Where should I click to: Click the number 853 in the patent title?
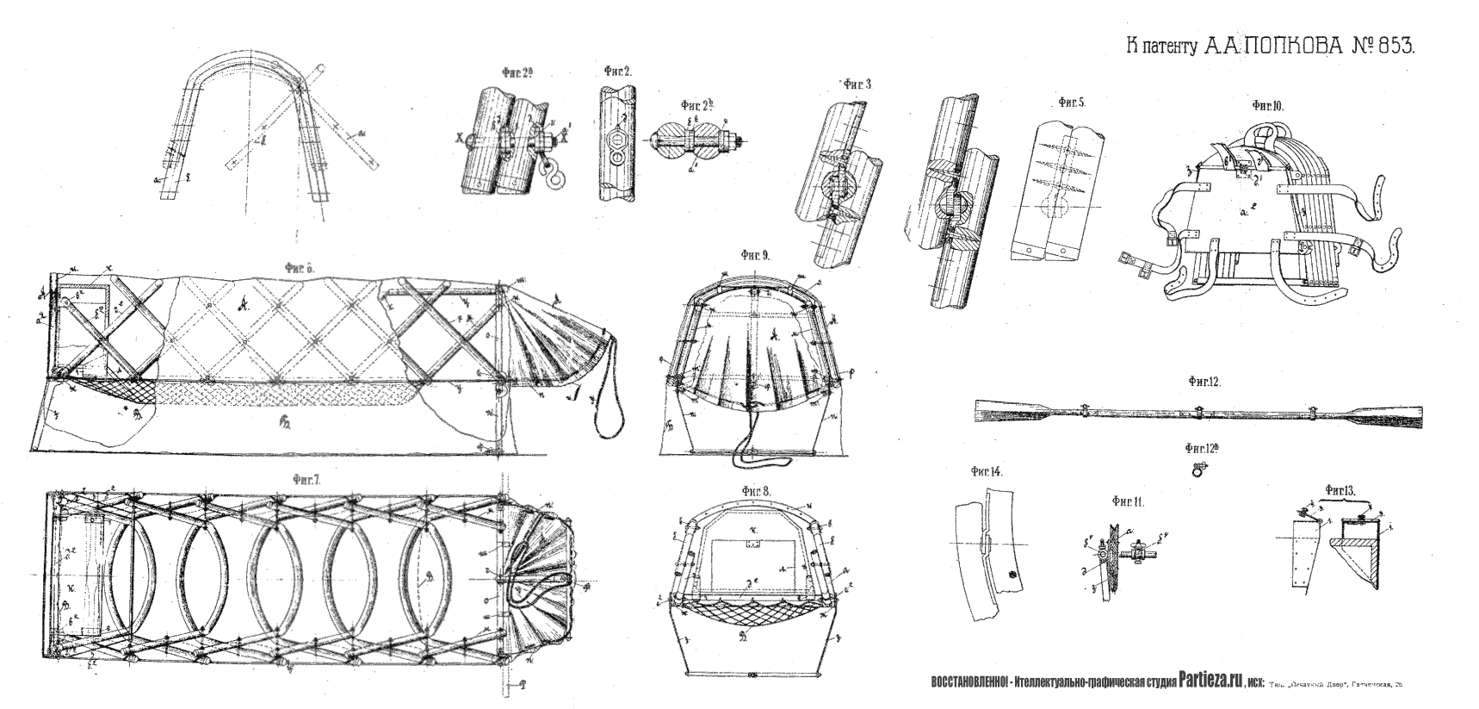(x=1392, y=47)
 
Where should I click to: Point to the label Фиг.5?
(x=1070, y=102)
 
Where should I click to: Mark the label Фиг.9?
(x=755, y=256)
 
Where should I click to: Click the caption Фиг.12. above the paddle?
(x=1202, y=381)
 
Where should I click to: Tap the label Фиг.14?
(x=986, y=471)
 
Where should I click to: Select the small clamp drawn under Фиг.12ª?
(x=1197, y=470)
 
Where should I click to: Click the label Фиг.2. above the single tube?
(x=617, y=72)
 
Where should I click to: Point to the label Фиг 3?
(x=857, y=84)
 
